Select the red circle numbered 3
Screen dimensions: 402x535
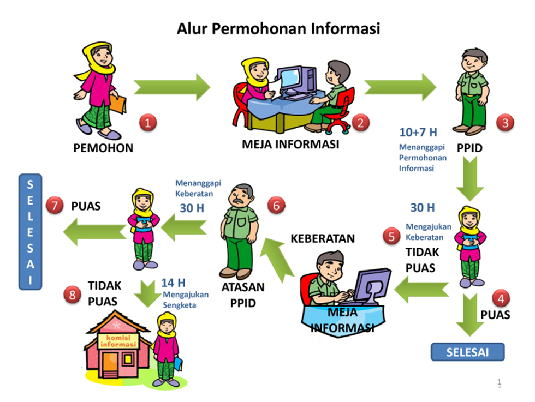click(505, 122)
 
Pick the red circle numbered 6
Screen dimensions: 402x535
click(277, 205)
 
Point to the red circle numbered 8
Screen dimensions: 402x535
click(72, 295)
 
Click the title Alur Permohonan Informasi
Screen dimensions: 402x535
click(278, 29)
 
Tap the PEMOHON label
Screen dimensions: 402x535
click(104, 148)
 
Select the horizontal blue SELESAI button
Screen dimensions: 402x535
click(468, 352)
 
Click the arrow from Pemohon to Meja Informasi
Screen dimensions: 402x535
click(172, 87)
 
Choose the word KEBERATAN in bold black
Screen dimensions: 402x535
click(323, 239)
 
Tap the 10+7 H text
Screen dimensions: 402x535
click(418, 132)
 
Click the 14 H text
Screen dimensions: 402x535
click(174, 283)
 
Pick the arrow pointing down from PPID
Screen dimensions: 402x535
click(469, 177)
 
